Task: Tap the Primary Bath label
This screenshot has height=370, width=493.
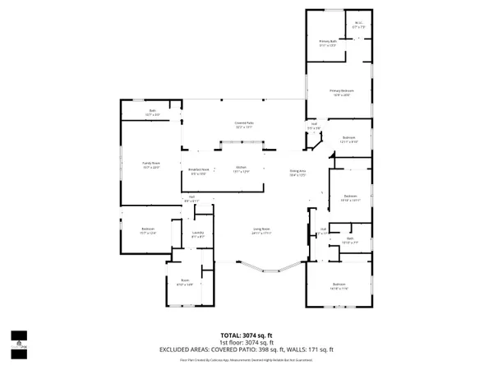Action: pos(329,42)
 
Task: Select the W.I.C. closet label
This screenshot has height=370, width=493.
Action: pos(358,25)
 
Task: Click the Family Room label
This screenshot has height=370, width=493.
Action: pos(150,166)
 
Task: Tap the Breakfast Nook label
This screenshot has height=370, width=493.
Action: pos(198,172)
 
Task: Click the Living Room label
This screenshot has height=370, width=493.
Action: pos(239,232)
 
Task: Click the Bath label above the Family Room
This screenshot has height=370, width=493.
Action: pos(153,113)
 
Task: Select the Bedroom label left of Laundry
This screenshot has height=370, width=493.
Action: pos(148,230)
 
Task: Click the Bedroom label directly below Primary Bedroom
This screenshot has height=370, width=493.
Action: pos(348,138)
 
